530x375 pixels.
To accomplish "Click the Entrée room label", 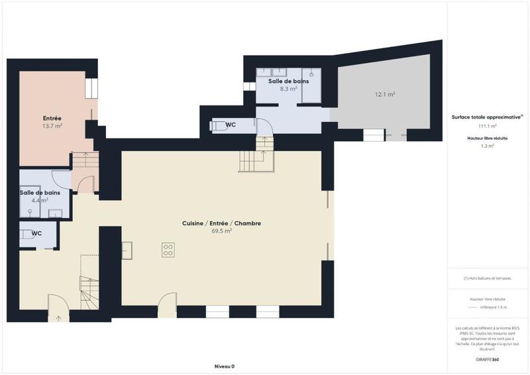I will pos(52,118).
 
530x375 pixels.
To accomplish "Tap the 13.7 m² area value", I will pos(52,126).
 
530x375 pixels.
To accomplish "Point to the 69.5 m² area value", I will pos(221,231).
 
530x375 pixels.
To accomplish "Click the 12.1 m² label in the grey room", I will pos(385,95).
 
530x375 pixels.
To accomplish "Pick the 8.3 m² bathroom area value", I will pos(288,88).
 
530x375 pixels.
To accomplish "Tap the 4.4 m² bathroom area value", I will pos(41,199).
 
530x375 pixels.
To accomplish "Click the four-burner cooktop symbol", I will pos(168,250).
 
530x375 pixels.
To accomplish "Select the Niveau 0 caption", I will pos(225,366).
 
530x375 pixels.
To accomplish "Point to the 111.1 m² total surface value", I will pos(488,125).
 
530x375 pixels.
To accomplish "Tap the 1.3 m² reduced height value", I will pos(488,146).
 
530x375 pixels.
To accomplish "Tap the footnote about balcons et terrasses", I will pos(488,278).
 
